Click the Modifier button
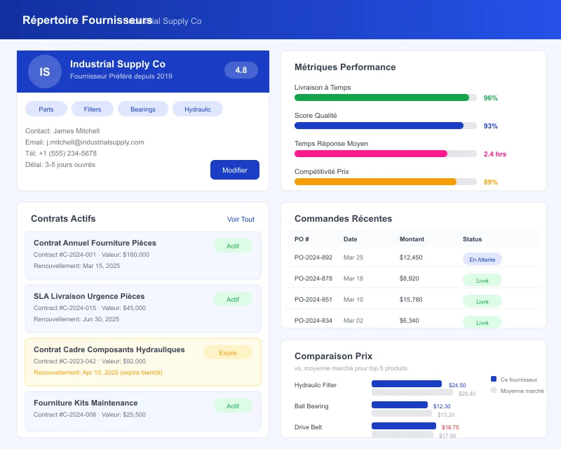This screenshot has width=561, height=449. click(235, 170)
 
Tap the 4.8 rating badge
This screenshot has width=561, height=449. click(241, 70)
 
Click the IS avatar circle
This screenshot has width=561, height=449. click(45, 72)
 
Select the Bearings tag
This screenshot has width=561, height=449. click(143, 109)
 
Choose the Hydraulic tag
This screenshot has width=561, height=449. click(197, 109)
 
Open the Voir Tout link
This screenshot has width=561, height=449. click(241, 219)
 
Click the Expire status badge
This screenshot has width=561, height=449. click(228, 352)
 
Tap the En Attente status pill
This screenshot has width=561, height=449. click(482, 259)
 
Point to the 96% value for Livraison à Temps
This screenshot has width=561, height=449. click(491, 98)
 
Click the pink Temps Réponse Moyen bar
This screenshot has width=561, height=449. click(371, 154)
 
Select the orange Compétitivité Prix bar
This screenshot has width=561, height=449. click(375, 182)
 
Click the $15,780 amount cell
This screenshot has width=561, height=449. click(411, 300)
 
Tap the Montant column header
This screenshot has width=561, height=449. click(412, 239)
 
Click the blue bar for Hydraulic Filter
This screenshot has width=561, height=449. click(407, 384)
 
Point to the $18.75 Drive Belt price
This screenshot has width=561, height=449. click(450, 427)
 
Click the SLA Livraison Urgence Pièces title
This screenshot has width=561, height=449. click(89, 296)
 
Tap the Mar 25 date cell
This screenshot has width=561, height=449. click(353, 257)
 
